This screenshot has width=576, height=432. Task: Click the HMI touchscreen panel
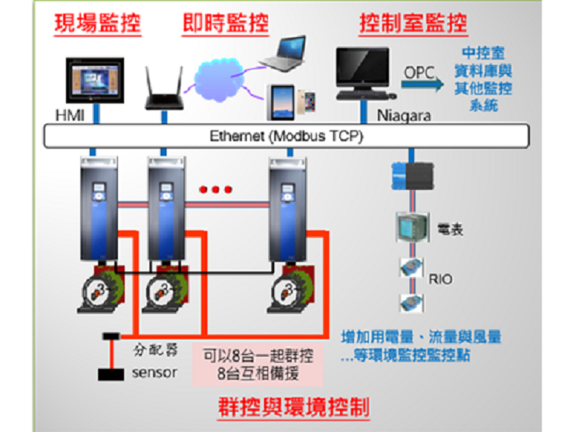(x=97, y=79)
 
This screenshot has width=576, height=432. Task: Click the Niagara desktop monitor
(x=363, y=72)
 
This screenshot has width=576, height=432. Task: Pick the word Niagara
(x=404, y=115)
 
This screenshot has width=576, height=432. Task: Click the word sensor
(x=154, y=373)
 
